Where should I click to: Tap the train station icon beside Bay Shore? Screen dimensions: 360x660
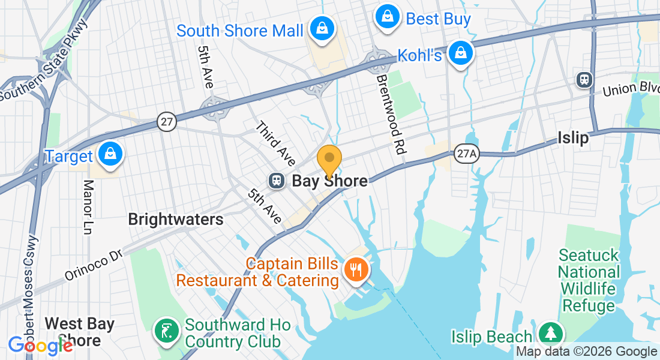[277, 181]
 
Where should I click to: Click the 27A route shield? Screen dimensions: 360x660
[466, 154]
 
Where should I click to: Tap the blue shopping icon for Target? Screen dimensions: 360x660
[111, 153]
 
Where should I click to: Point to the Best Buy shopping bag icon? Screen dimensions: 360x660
[388, 16]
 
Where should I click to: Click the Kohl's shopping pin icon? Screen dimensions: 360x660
[460, 53]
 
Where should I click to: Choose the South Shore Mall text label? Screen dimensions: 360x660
[240, 31]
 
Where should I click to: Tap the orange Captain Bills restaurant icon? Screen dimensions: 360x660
[356, 270]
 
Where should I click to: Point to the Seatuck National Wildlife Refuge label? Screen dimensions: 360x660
[588, 280]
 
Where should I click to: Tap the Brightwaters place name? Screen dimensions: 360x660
[176, 220]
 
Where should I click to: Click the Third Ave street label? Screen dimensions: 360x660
[275, 144]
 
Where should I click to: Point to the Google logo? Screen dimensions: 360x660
[40, 345]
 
